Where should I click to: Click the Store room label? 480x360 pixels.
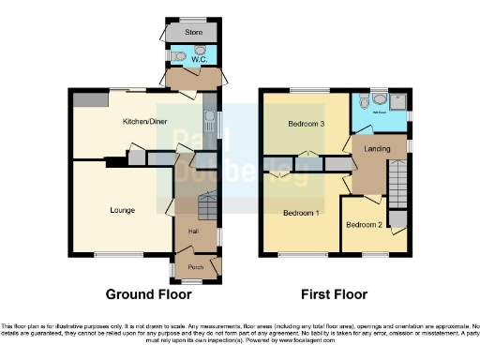coord(194,33)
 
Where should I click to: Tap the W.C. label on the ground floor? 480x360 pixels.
coord(199,58)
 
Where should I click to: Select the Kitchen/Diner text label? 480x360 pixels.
coord(145,122)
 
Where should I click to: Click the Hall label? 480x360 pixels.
coord(194,231)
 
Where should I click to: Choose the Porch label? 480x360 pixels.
coord(196,267)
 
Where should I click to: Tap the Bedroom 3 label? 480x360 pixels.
coord(307,125)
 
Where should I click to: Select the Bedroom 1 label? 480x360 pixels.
coord(302,213)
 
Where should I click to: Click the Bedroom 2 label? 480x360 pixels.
coord(364,225)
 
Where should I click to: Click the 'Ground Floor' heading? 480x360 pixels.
coord(148,293)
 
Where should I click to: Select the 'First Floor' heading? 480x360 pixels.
coord(335,293)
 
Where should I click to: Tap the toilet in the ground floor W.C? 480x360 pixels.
coord(180,55)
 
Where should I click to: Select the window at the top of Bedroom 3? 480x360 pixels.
coord(305,90)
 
